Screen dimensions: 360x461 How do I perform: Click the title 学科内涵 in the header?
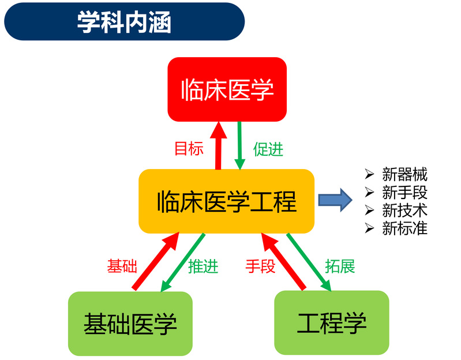click(x=124, y=22)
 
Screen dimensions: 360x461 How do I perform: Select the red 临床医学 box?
click(x=227, y=90)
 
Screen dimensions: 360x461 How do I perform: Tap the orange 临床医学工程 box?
click(x=227, y=201)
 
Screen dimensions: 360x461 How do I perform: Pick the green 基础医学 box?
click(x=130, y=323)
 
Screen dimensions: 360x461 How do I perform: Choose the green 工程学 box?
click(x=331, y=323)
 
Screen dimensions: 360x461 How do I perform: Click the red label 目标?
click(x=189, y=149)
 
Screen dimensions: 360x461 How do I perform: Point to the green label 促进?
click(x=268, y=149)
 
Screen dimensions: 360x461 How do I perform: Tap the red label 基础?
click(x=122, y=267)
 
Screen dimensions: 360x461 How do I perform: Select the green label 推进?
click(x=203, y=267)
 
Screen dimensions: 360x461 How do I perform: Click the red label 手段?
click(x=260, y=267)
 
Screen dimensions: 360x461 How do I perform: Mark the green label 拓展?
click(x=340, y=267)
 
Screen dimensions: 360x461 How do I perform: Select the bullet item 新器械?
click(x=404, y=174)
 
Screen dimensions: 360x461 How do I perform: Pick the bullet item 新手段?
click(x=404, y=192)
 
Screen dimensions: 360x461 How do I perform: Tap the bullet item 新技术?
click(x=404, y=210)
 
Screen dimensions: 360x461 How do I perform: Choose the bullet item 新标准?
click(x=404, y=228)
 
